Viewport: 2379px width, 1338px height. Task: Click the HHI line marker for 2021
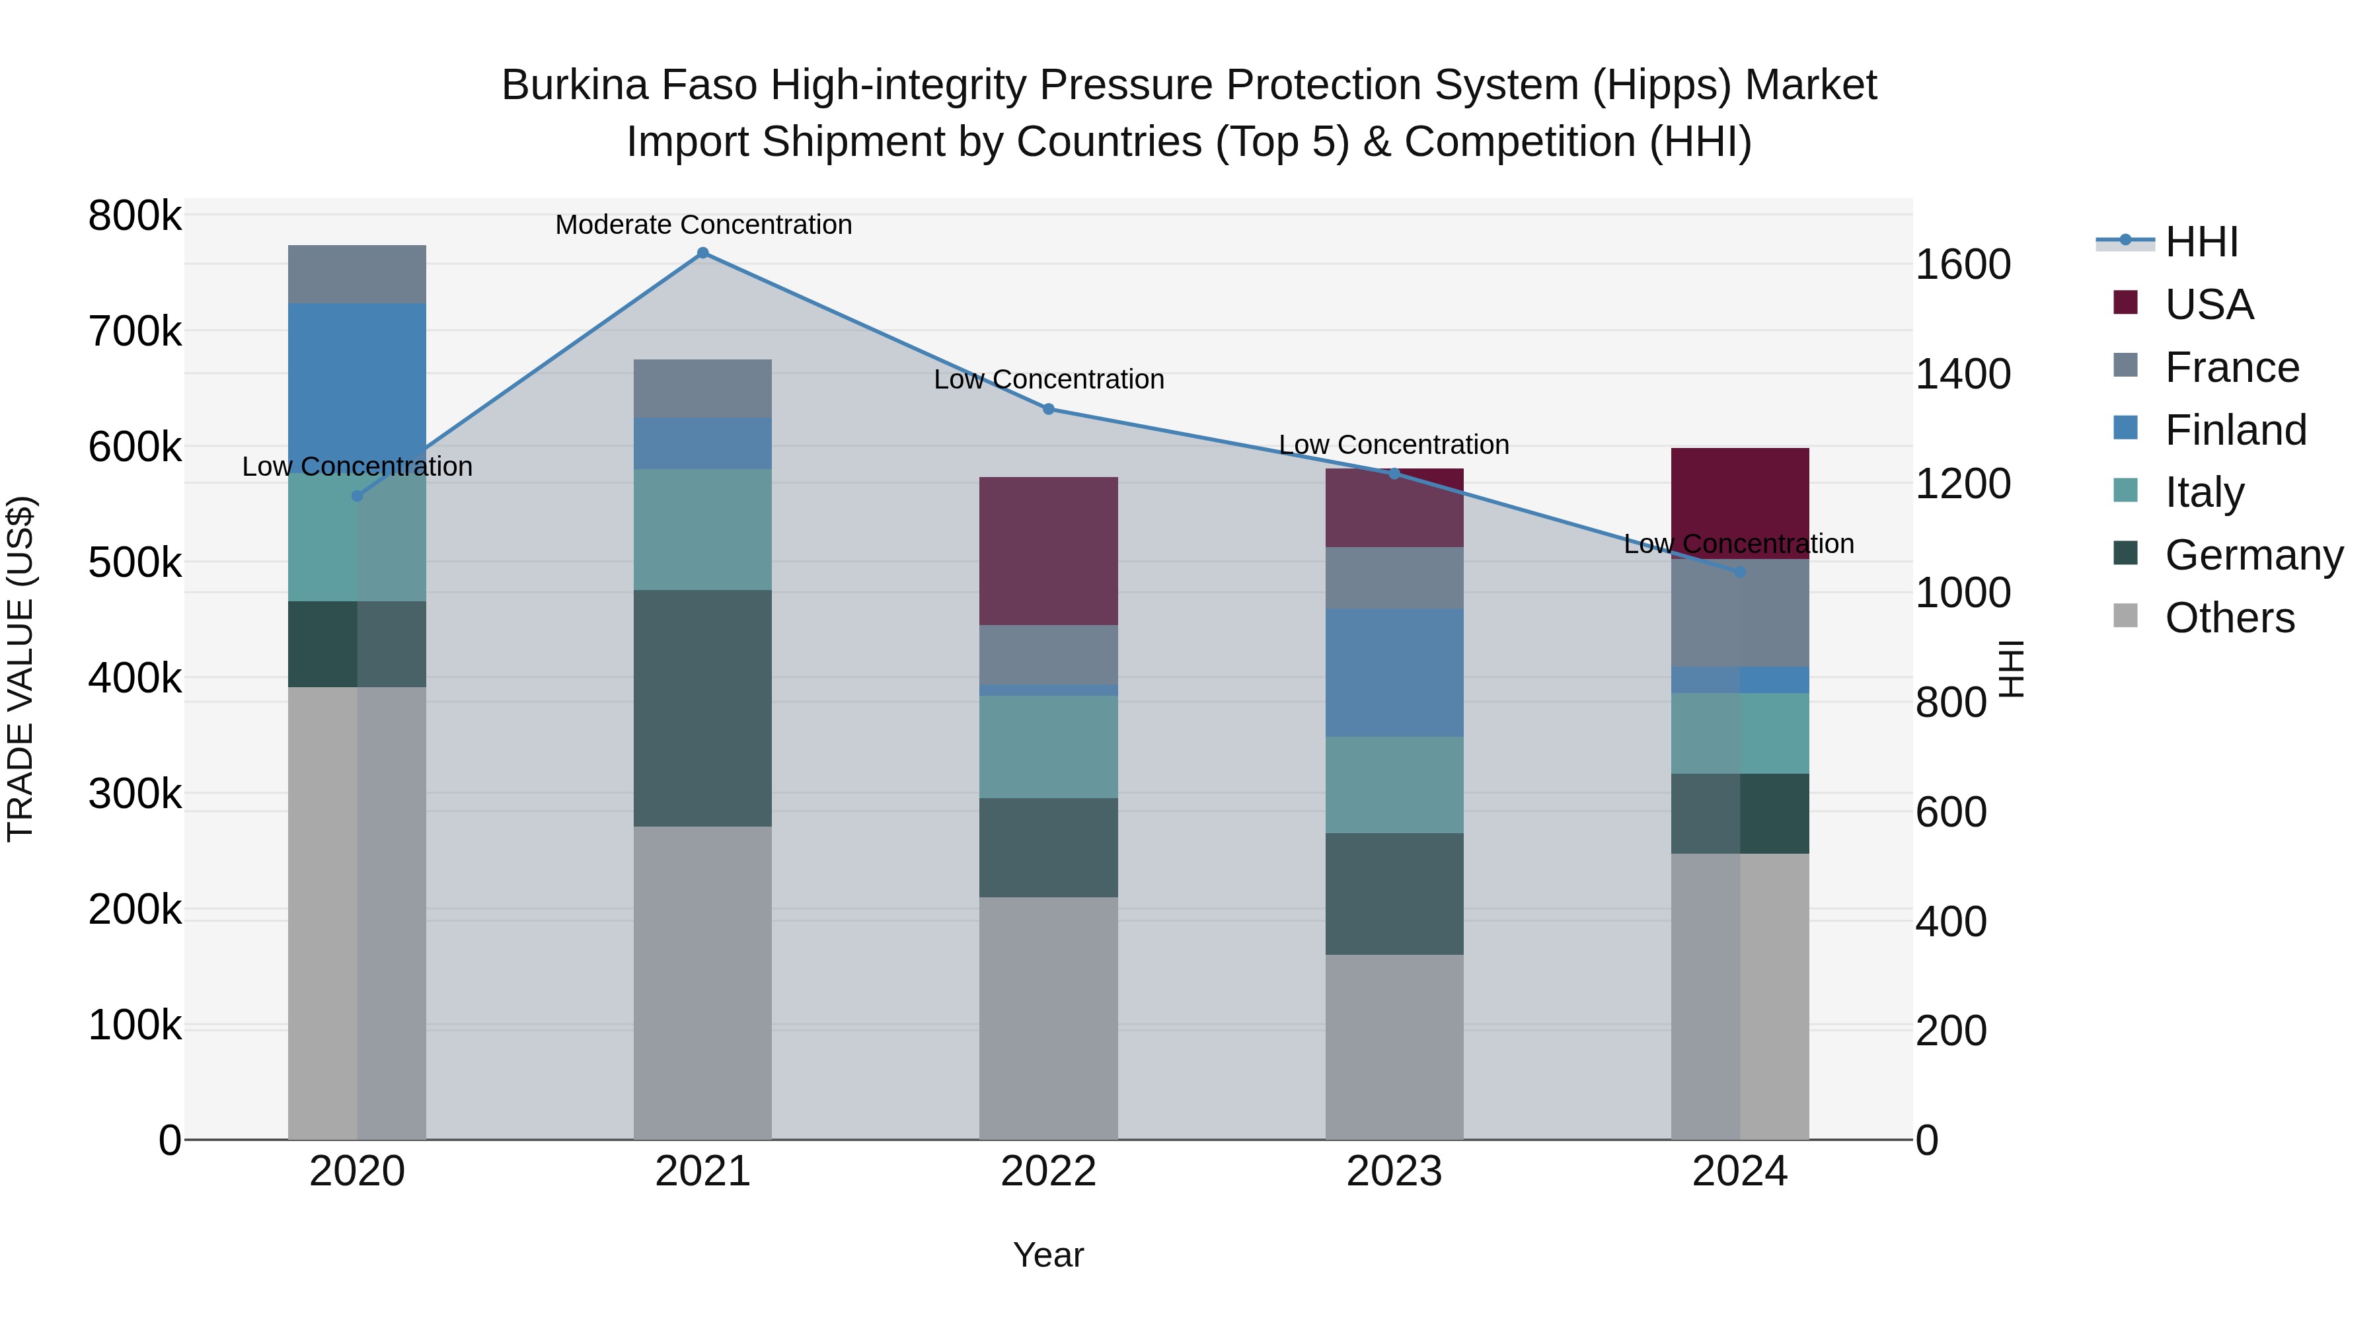703,253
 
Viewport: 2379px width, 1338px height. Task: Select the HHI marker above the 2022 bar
1048,409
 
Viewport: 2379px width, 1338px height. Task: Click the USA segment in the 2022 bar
1048,551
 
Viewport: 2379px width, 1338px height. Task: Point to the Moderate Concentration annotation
703,225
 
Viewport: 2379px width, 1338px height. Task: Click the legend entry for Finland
2235,430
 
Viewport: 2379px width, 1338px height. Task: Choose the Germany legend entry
2253,555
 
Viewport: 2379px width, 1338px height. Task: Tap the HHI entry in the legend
2201,242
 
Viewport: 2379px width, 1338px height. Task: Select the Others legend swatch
2125,616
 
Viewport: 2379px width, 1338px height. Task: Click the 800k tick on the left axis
135,216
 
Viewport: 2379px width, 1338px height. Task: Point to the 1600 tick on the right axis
1963,265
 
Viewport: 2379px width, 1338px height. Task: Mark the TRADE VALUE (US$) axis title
20,669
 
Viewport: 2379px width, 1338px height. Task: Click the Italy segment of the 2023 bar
1394,785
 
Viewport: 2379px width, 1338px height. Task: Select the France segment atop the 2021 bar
703,389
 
